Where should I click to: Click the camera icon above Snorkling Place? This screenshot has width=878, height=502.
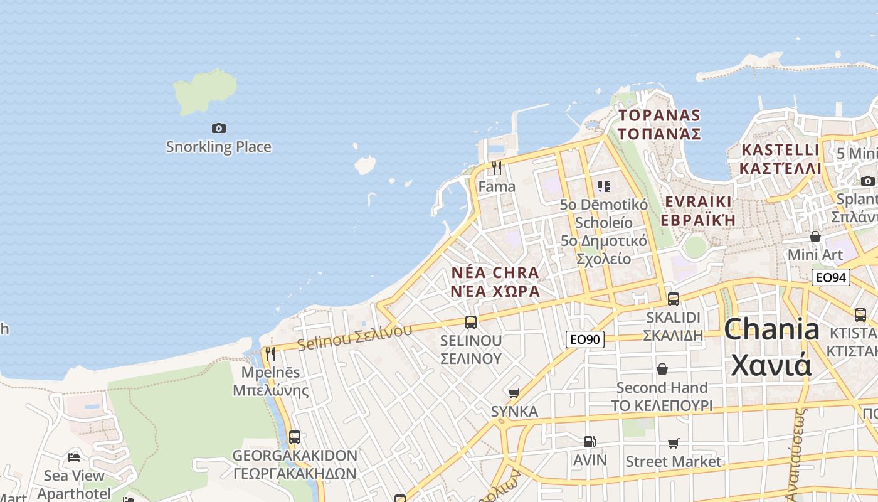218,128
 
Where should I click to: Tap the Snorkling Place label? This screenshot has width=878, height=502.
218,147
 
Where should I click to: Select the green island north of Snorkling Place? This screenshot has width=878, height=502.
204,92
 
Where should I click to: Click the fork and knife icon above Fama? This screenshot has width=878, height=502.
497,168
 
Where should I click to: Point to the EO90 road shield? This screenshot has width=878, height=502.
584,339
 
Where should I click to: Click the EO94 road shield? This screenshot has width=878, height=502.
830,277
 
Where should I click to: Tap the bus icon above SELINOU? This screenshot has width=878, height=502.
471,323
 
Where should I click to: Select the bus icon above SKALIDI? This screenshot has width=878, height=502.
674,299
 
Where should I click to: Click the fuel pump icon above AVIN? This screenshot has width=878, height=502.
590,442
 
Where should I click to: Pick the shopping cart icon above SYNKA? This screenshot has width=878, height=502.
514,393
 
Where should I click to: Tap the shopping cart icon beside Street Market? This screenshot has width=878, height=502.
674,444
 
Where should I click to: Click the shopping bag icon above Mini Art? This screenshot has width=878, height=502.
815,237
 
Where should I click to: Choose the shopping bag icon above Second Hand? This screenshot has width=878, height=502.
662,369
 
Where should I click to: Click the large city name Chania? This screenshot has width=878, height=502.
771,329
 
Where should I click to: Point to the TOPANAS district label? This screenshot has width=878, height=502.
659,115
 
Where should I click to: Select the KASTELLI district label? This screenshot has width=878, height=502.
780,151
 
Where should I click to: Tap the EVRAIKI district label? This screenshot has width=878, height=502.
698,201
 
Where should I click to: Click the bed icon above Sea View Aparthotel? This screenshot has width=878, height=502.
74,457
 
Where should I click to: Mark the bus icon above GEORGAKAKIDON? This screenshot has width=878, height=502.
294,437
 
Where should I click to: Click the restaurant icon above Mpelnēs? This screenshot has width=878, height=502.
270,354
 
